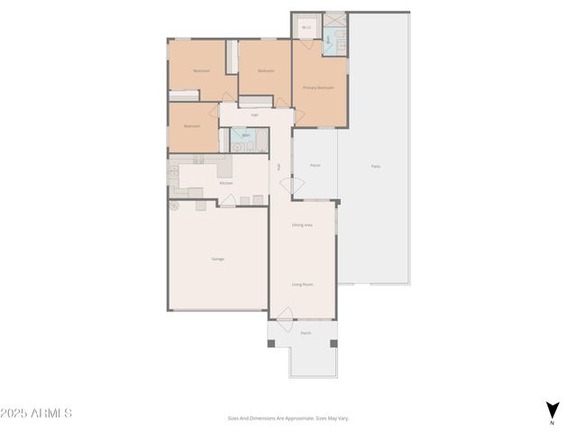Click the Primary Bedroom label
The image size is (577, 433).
coord(318,88)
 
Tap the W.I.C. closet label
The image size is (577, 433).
coord(307,27)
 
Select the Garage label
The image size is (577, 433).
coord(218,259)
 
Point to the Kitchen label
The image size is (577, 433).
coord(226,183)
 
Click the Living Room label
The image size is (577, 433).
coord(302,284)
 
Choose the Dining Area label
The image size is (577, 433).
coord(302,225)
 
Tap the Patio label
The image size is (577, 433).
coord(375,166)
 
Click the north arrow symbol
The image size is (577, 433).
coord(552,410)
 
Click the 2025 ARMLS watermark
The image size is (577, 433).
coord(36,413)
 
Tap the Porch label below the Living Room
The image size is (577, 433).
coord(306,333)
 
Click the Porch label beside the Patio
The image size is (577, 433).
coord(316,166)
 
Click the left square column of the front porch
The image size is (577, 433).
coord(272,343)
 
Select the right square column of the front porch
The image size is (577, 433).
coord(334,343)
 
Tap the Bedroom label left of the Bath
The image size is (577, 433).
coord(192,126)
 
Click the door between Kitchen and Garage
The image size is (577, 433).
coord(229,202)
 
